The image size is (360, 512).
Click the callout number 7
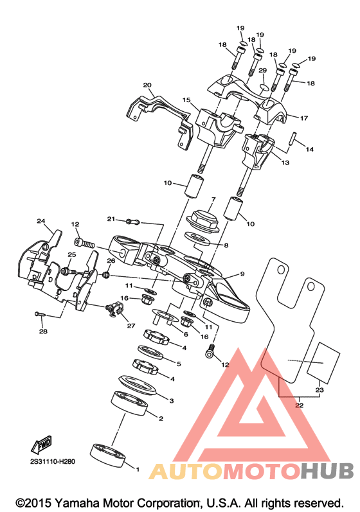(x=213, y=199)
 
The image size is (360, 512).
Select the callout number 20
(x=147, y=85)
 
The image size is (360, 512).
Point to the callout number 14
(x=309, y=149)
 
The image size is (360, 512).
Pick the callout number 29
(x=263, y=70)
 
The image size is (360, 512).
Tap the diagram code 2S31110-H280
(x=52, y=462)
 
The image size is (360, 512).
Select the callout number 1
(x=138, y=469)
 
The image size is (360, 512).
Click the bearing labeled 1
(x=108, y=454)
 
